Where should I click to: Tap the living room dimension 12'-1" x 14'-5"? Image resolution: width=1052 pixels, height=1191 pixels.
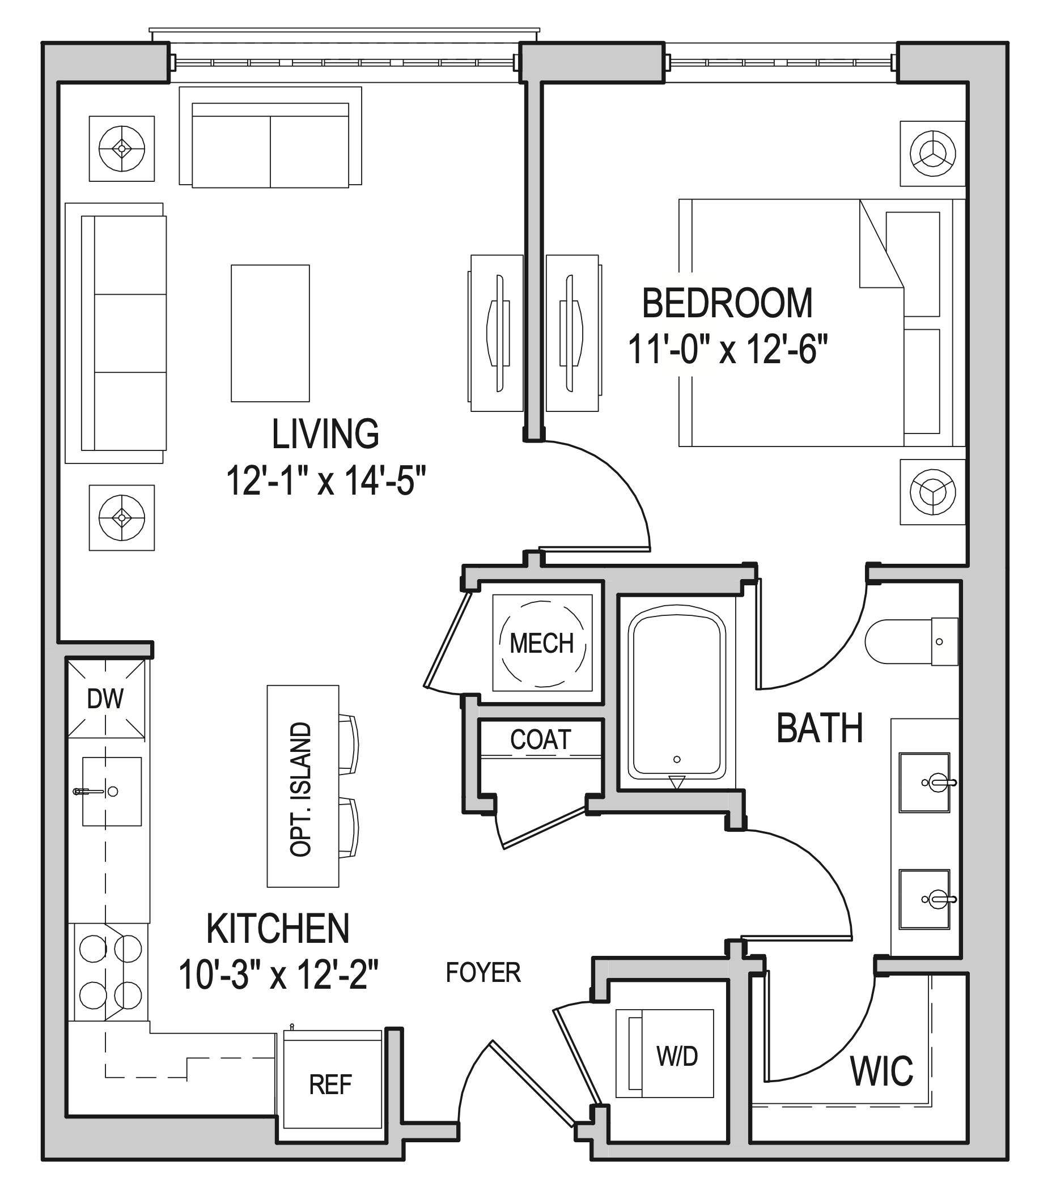click(x=326, y=481)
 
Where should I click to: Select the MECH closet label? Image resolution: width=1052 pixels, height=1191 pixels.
click(x=541, y=643)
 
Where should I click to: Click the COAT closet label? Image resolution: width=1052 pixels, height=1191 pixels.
click(x=540, y=739)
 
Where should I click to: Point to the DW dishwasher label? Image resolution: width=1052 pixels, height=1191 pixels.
click(x=105, y=699)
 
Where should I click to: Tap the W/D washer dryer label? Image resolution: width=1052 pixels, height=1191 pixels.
click(x=677, y=1056)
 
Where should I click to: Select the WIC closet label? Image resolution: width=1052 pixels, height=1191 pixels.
click(x=881, y=1071)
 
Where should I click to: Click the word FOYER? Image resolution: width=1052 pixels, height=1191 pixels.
click(x=483, y=973)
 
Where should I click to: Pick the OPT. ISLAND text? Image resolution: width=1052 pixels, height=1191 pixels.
click(x=301, y=789)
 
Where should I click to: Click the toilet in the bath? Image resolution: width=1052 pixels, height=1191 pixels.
click(x=909, y=641)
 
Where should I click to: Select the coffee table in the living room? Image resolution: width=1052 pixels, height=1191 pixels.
click(x=270, y=333)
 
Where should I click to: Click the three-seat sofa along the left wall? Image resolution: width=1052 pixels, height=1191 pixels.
click(x=124, y=333)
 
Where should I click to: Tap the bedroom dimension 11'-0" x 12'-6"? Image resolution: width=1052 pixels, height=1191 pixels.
click(x=727, y=350)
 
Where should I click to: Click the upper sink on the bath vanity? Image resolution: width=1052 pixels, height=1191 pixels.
click(x=924, y=782)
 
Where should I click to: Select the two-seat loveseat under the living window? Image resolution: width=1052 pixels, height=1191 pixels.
click(x=270, y=146)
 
